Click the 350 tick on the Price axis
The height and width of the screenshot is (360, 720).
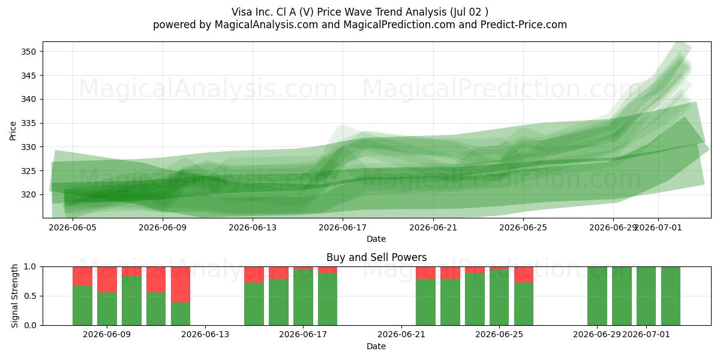(28, 52)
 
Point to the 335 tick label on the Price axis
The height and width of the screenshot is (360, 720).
(28, 124)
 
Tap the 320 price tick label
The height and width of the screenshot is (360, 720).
(28, 195)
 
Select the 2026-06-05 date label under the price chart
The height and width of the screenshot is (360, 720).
(73, 228)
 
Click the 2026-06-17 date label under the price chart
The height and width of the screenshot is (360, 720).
(343, 228)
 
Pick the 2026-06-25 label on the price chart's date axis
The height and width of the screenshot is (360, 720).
(523, 228)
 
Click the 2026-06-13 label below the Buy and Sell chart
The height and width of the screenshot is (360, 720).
(205, 335)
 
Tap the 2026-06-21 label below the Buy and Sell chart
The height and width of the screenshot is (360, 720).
(401, 335)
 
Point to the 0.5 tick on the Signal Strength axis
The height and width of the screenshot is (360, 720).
(30, 296)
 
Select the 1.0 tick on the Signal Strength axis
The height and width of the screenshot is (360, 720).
(30, 267)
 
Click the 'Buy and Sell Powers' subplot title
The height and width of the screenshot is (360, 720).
(376, 257)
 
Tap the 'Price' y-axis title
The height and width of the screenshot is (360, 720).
(13, 131)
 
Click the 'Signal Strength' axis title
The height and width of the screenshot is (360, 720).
(14, 296)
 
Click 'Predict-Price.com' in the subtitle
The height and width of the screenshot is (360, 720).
(524, 25)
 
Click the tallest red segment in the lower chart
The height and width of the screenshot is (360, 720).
(181, 284)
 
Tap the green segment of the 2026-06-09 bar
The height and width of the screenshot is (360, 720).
(107, 309)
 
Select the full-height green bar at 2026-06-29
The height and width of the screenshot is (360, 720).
(597, 296)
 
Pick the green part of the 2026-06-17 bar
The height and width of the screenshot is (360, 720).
(303, 298)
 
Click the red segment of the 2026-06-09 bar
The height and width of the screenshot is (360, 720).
(107, 280)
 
